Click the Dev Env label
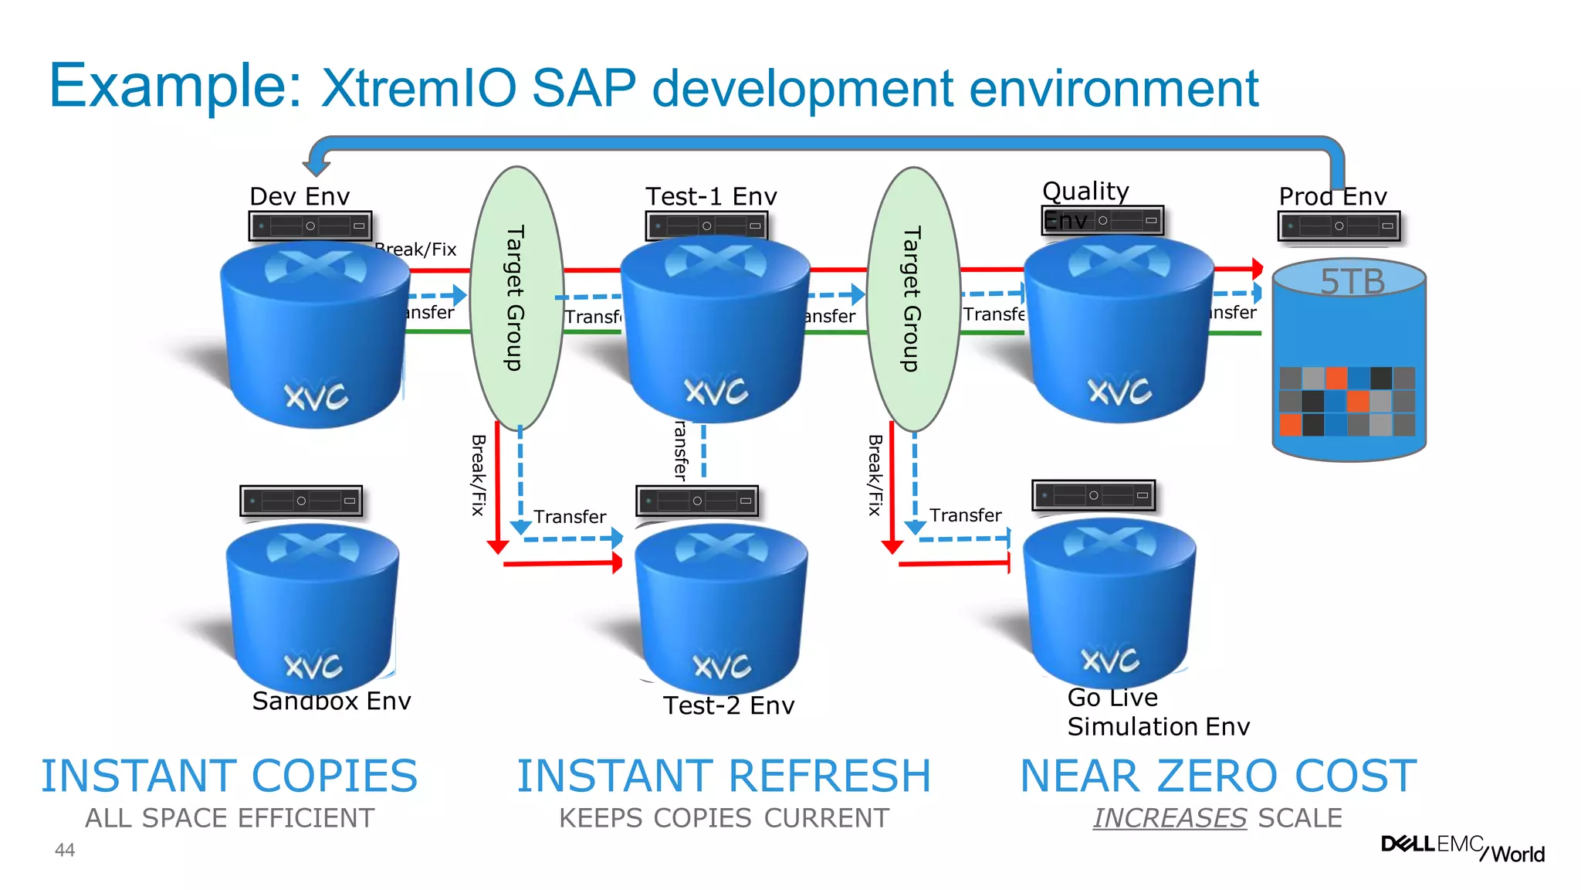(x=300, y=196)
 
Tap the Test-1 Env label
(x=711, y=196)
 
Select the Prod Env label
(x=1332, y=196)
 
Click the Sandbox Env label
(x=331, y=701)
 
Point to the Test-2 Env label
(x=728, y=705)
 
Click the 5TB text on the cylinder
(x=1352, y=281)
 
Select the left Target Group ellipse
(x=516, y=298)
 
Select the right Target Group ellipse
(x=913, y=298)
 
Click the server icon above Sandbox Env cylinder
(x=301, y=501)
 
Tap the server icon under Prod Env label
(x=1339, y=226)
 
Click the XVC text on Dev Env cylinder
(x=317, y=396)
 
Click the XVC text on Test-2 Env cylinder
(x=722, y=665)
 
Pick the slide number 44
(x=65, y=850)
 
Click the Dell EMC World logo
(x=1462, y=848)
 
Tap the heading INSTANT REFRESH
(x=723, y=776)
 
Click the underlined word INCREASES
(x=1170, y=817)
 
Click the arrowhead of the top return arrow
(x=316, y=167)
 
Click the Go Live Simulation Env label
(x=1156, y=712)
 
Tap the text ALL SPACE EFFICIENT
(x=229, y=817)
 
